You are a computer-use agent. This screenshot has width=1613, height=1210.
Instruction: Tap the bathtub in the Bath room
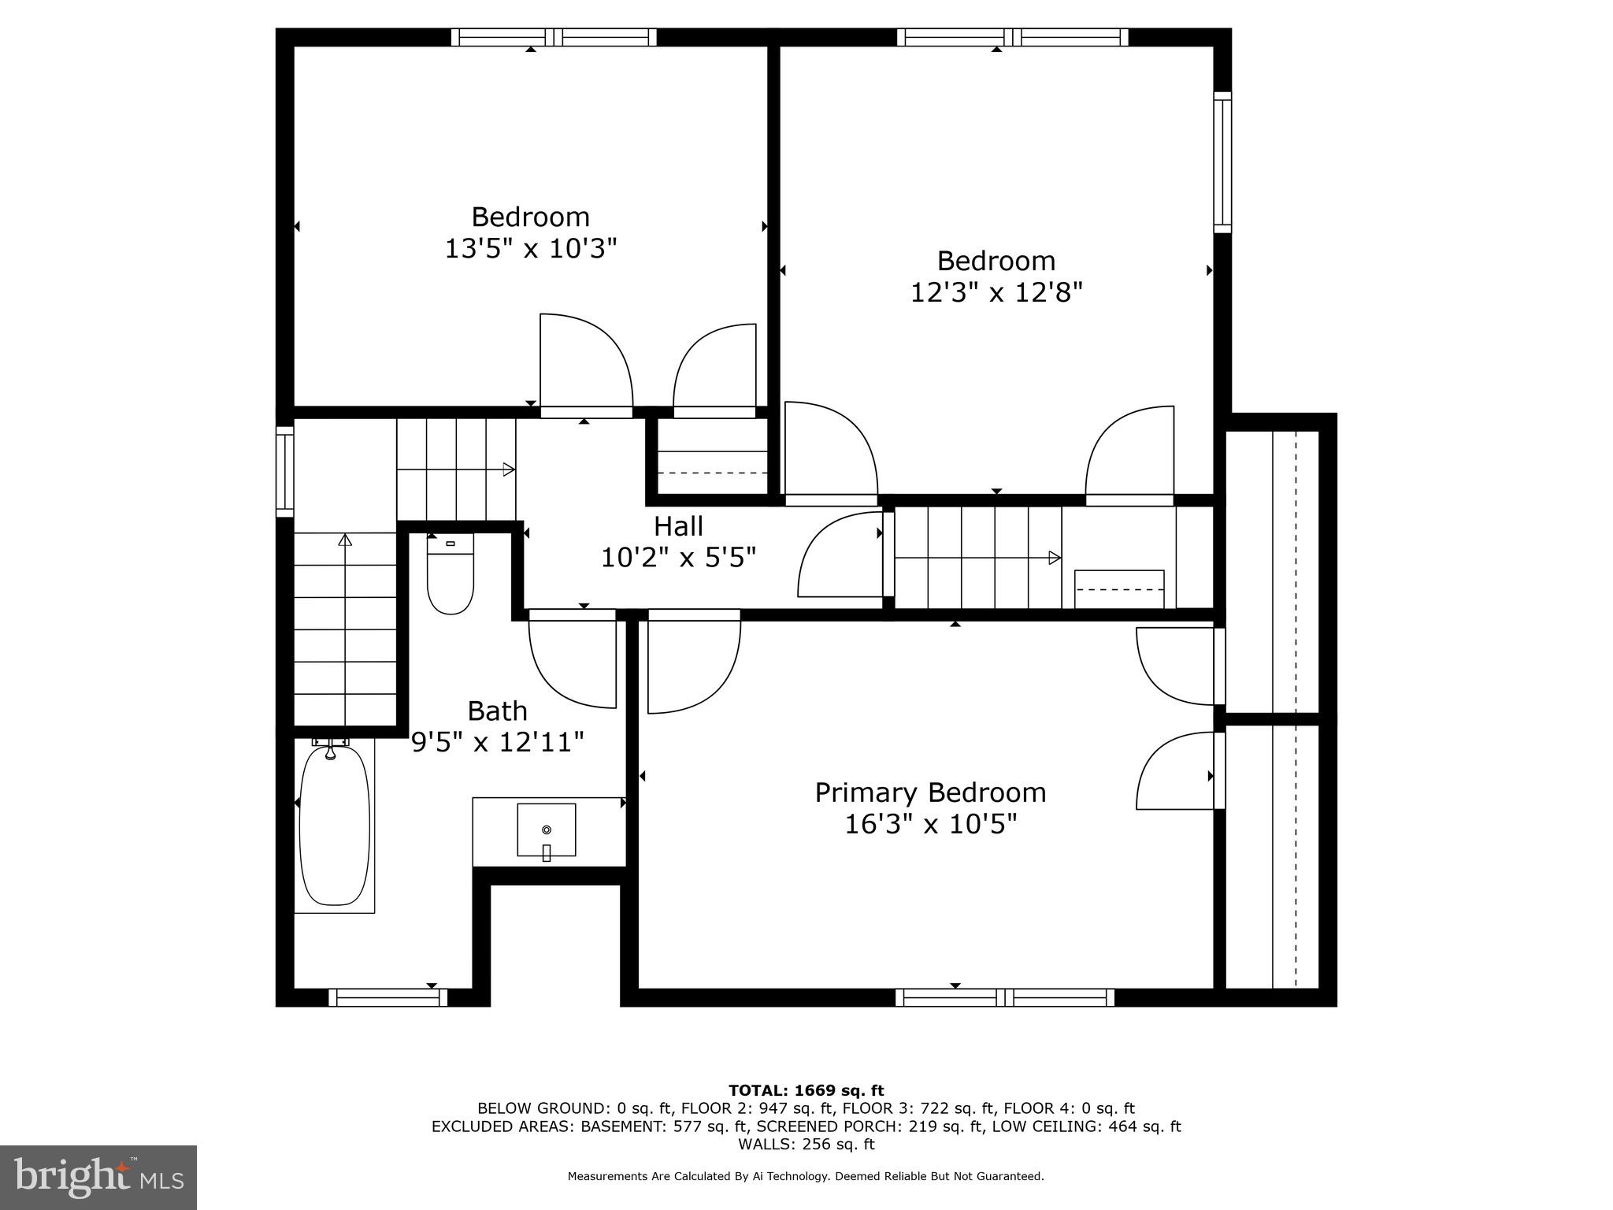[335, 826]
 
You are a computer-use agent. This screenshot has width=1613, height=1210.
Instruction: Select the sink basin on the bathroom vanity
[546, 830]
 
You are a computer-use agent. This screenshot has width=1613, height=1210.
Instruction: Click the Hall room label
[678, 526]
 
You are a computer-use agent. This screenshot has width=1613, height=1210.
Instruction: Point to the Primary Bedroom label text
[930, 792]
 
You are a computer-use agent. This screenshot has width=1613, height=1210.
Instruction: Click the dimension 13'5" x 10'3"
[530, 249]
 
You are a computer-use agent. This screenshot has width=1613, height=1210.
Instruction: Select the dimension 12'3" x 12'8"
[996, 293]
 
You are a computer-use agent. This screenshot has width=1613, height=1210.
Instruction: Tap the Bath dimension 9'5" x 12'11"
[498, 742]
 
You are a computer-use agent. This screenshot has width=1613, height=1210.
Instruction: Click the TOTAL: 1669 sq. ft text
[806, 1090]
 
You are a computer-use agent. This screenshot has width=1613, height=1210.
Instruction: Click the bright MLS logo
[98, 1177]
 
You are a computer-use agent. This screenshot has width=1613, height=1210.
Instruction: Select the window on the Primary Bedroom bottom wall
[1004, 997]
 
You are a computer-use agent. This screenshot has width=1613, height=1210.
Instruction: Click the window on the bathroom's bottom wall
[387, 997]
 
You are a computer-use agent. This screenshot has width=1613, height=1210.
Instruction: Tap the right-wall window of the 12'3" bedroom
[1222, 162]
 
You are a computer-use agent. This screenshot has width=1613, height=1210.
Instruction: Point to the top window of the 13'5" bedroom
[554, 37]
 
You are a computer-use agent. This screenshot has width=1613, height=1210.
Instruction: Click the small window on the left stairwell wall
[284, 471]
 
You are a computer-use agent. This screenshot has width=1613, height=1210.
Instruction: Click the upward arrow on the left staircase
[345, 540]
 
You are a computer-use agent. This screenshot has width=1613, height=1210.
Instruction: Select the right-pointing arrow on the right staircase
[1054, 558]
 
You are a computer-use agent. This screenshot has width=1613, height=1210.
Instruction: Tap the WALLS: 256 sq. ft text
[806, 1144]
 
